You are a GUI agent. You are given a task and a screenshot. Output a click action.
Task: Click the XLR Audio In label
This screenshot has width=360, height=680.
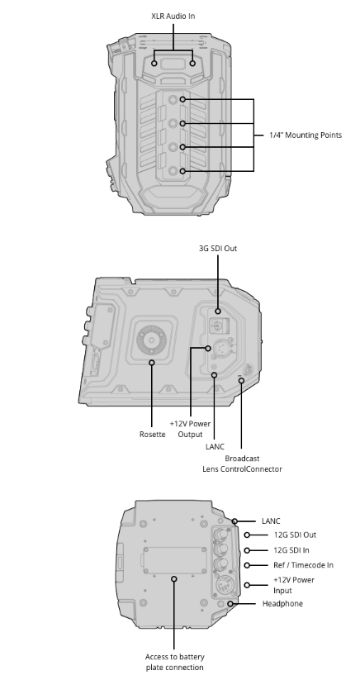173,16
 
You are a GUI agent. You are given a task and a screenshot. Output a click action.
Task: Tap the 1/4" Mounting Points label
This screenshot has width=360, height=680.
306,136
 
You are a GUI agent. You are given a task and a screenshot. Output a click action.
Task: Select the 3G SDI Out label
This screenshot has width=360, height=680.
218,249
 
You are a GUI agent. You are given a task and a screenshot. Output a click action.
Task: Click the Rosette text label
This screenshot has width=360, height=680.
153,434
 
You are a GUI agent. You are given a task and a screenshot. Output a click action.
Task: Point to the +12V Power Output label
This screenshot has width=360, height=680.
190,429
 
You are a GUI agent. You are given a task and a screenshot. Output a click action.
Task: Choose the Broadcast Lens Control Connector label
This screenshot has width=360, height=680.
242,464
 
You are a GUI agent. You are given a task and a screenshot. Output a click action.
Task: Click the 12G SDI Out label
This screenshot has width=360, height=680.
295,535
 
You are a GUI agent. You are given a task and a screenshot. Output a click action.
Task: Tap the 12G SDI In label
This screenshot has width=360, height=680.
291,550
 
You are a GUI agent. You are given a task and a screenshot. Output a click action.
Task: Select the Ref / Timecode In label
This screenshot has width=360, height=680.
303,565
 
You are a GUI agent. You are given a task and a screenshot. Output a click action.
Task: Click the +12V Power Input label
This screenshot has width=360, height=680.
294,585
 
